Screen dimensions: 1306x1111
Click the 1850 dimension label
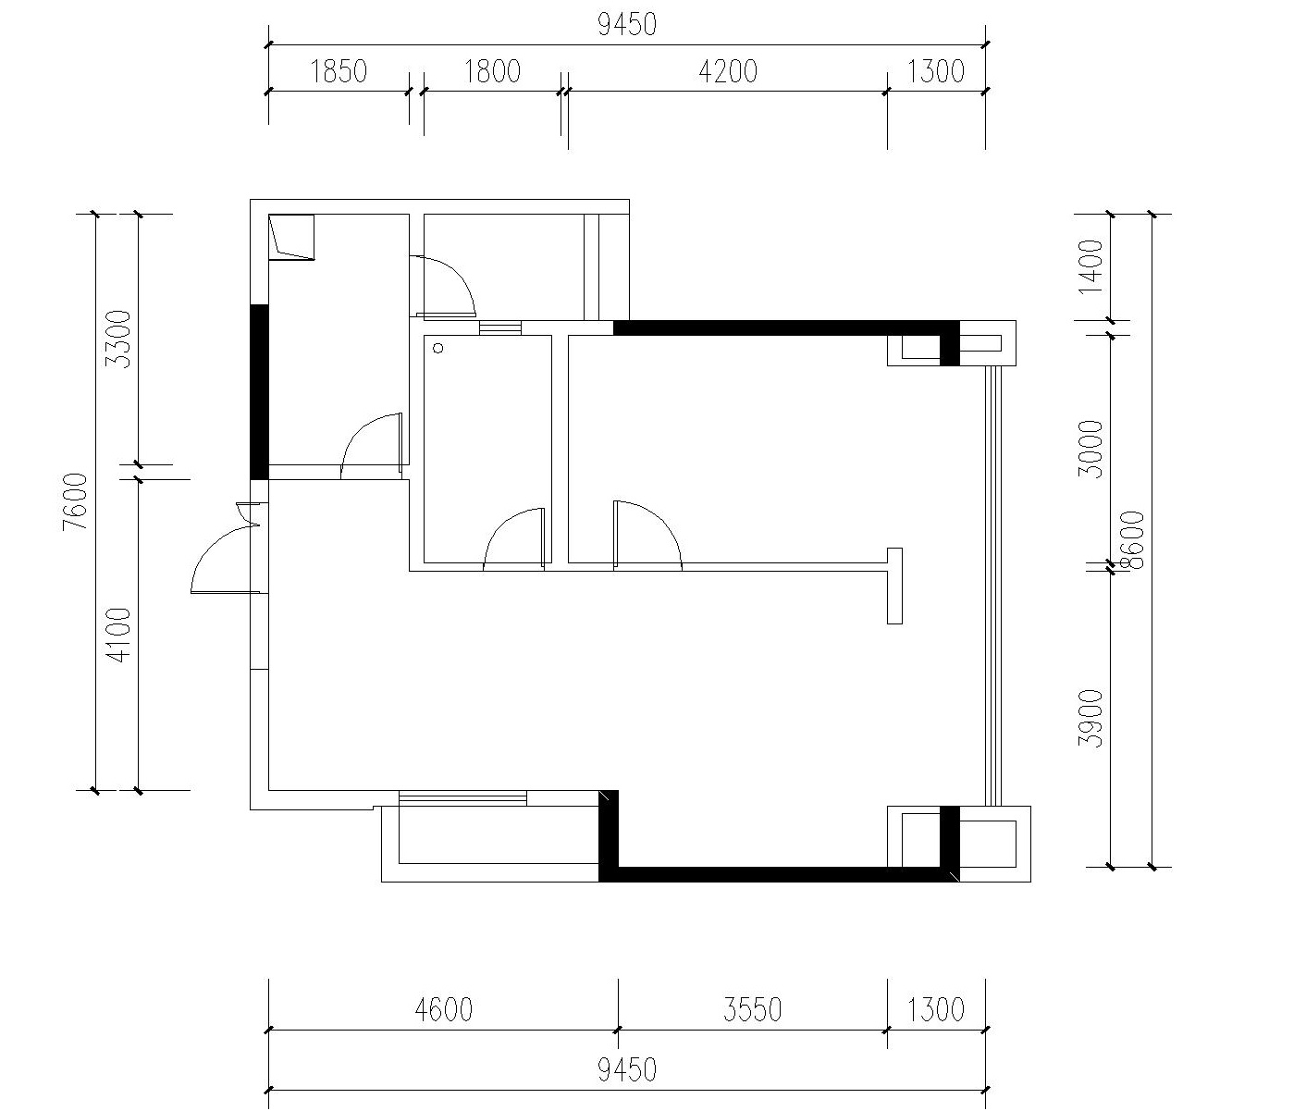click(338, 71)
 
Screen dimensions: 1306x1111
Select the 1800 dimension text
click(492, 71)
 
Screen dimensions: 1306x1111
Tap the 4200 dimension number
click(728, 71)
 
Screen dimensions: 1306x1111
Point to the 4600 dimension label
click(444, 1010)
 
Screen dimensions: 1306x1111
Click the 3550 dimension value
click(752, 1010)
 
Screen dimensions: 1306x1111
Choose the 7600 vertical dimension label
click(75, 501)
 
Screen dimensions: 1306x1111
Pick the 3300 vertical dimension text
click(118, 339)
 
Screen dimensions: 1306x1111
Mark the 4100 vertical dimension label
click(118, 636)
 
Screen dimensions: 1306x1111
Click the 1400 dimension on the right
click(1091, 266)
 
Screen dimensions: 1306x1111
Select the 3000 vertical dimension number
click(1091, 450)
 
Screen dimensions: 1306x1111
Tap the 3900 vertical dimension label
click(1091, 719)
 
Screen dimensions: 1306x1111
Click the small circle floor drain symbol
click(437, 348)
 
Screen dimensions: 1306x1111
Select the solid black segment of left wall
click(259, 392)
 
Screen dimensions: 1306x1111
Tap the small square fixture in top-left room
click(291, 237)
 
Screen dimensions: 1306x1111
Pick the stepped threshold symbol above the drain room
click(499, 327)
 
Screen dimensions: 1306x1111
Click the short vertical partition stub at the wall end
click(894, 586)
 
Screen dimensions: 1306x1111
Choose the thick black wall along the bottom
click(779, 874)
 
